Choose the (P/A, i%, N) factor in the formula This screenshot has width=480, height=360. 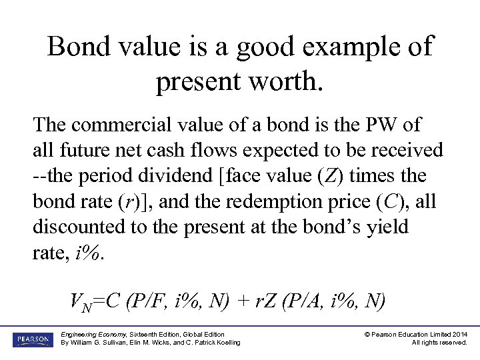333,301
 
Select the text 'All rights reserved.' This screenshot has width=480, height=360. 439,343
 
